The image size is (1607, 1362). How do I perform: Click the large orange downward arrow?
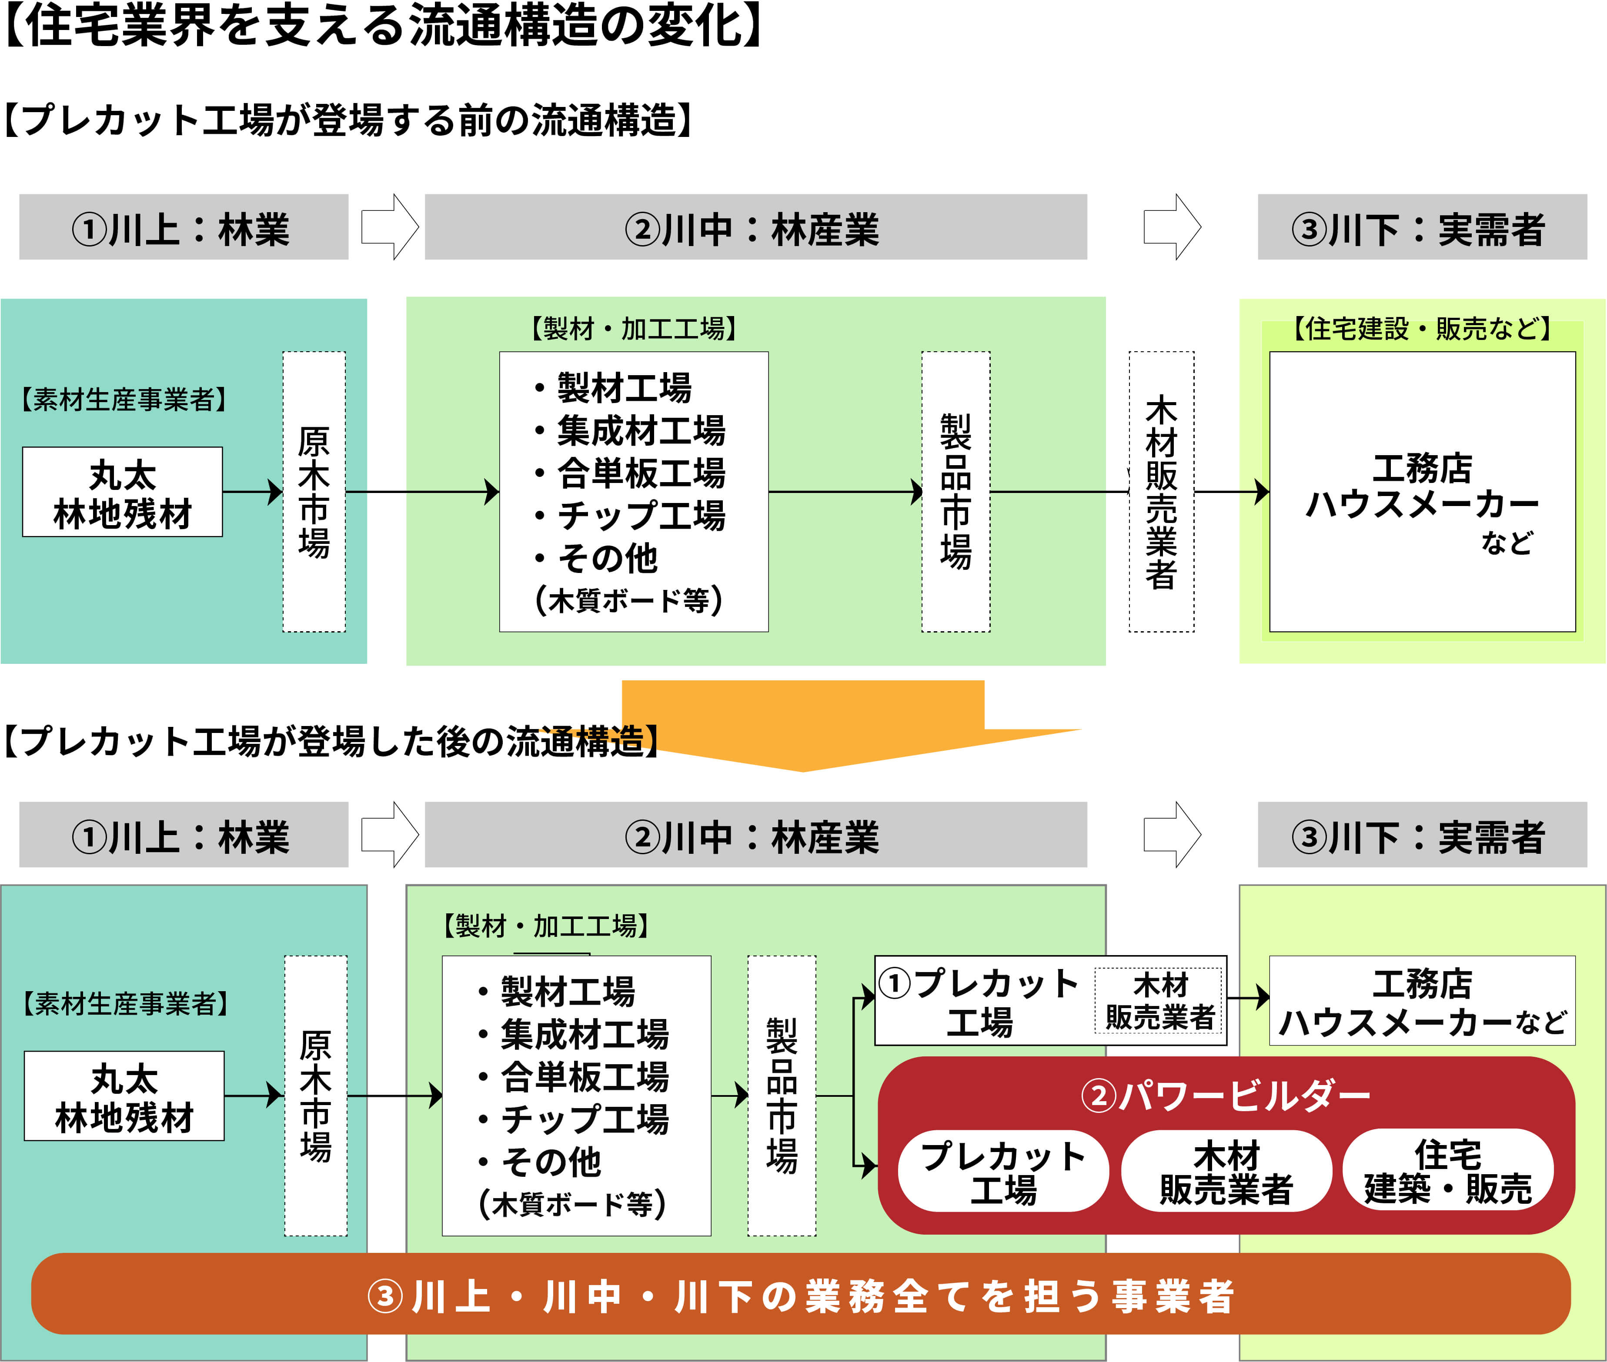(803, 722)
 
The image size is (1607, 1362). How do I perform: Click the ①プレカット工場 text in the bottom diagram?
(979, 1002)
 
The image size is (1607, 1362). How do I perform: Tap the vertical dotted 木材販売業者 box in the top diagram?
(1161, 492)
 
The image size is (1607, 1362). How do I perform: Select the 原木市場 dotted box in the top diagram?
(314, 492)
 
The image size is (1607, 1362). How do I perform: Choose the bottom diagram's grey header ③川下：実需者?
(1422, 836)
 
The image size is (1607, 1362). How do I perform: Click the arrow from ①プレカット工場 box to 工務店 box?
(1248, 998)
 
